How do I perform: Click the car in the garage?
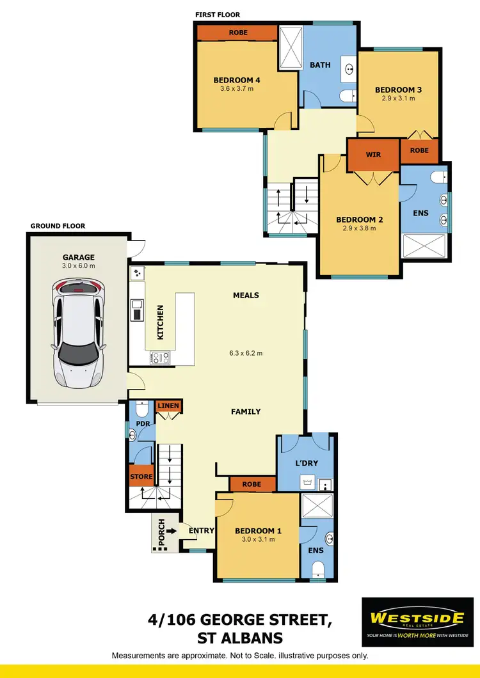[78, 335]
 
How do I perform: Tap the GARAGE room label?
[78, 258]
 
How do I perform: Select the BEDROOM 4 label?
[237, 80]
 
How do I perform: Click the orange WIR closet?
[374, 155]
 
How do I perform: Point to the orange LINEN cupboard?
[168, 406]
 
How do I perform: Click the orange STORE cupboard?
[141, 477]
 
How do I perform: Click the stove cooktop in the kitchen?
[159, 358]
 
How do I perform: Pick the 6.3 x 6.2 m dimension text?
[246, 353]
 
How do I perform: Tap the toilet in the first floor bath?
[346, 97]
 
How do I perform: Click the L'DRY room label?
[307, 462]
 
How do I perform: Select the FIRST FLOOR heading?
[218, 14]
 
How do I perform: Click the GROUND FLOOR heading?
[58, 226]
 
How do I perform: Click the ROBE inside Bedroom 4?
[237, 33]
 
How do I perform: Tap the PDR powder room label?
[141, 423]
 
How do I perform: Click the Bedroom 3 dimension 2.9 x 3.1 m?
[398, 99]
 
